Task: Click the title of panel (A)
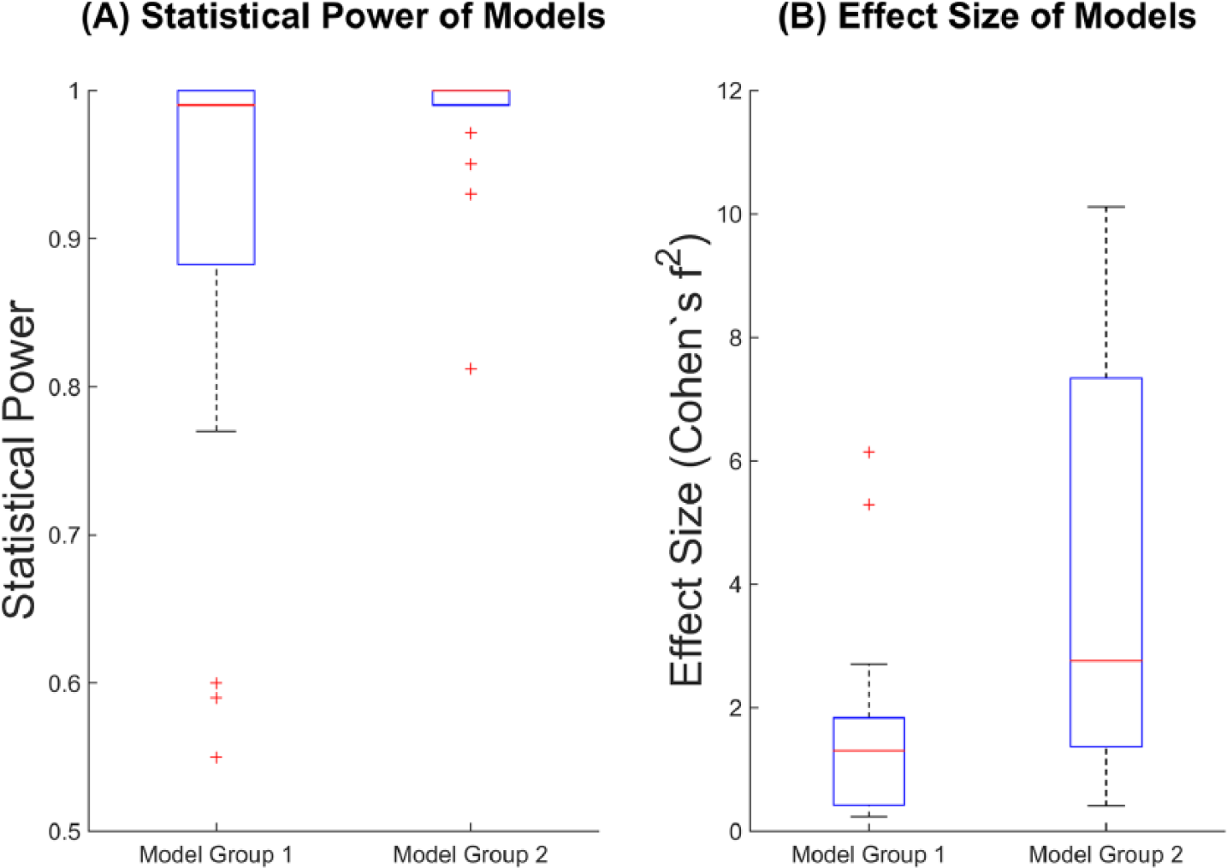343,17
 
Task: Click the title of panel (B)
987,17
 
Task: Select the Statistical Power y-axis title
20,460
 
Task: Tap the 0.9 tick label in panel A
64,239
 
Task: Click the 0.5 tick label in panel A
64,831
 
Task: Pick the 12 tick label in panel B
730,91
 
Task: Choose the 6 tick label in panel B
735,461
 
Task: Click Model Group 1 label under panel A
216,854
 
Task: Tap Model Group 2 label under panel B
1106,854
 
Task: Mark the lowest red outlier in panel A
216,758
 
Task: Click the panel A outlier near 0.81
471,369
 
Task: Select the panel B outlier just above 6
868,452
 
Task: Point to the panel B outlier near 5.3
868,505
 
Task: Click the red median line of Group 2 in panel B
1106,661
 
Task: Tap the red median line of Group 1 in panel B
868,750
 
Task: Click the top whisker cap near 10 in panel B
1106,207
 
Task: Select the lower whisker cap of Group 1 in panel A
216,431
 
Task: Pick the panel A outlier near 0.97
471,133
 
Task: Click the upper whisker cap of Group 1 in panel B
868,664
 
